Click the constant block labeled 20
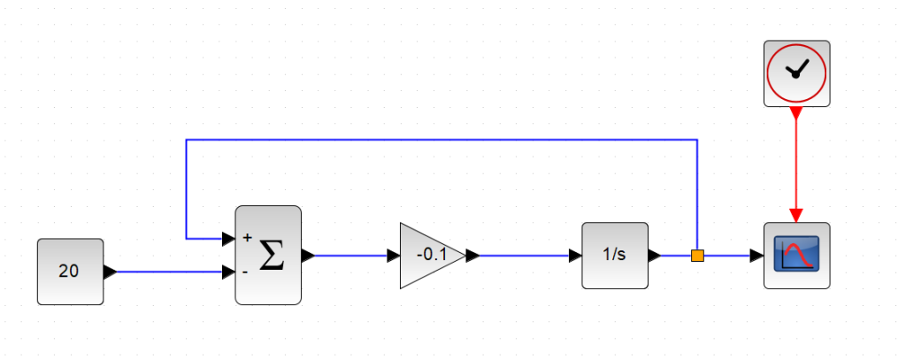(x=70, y=272)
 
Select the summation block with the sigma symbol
(x=268, y=256)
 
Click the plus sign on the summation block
(x=247, y=238)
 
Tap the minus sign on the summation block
(x=245, y=272)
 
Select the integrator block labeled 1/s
(x=614, y=256)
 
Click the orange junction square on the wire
(x=697, y=256)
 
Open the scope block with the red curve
(x=796, y=256)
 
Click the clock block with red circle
(x=796, y=73)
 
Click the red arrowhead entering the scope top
(x=796, y=215)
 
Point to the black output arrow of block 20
(x=110, y=272)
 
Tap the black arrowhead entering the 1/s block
(x=575, y=256)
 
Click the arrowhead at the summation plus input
(x=228, y=238)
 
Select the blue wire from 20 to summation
(x=168, y=272)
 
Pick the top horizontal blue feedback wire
(x=442, y=140)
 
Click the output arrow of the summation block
(x=308, y=256)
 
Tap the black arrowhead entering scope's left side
(x=757, y=256)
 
